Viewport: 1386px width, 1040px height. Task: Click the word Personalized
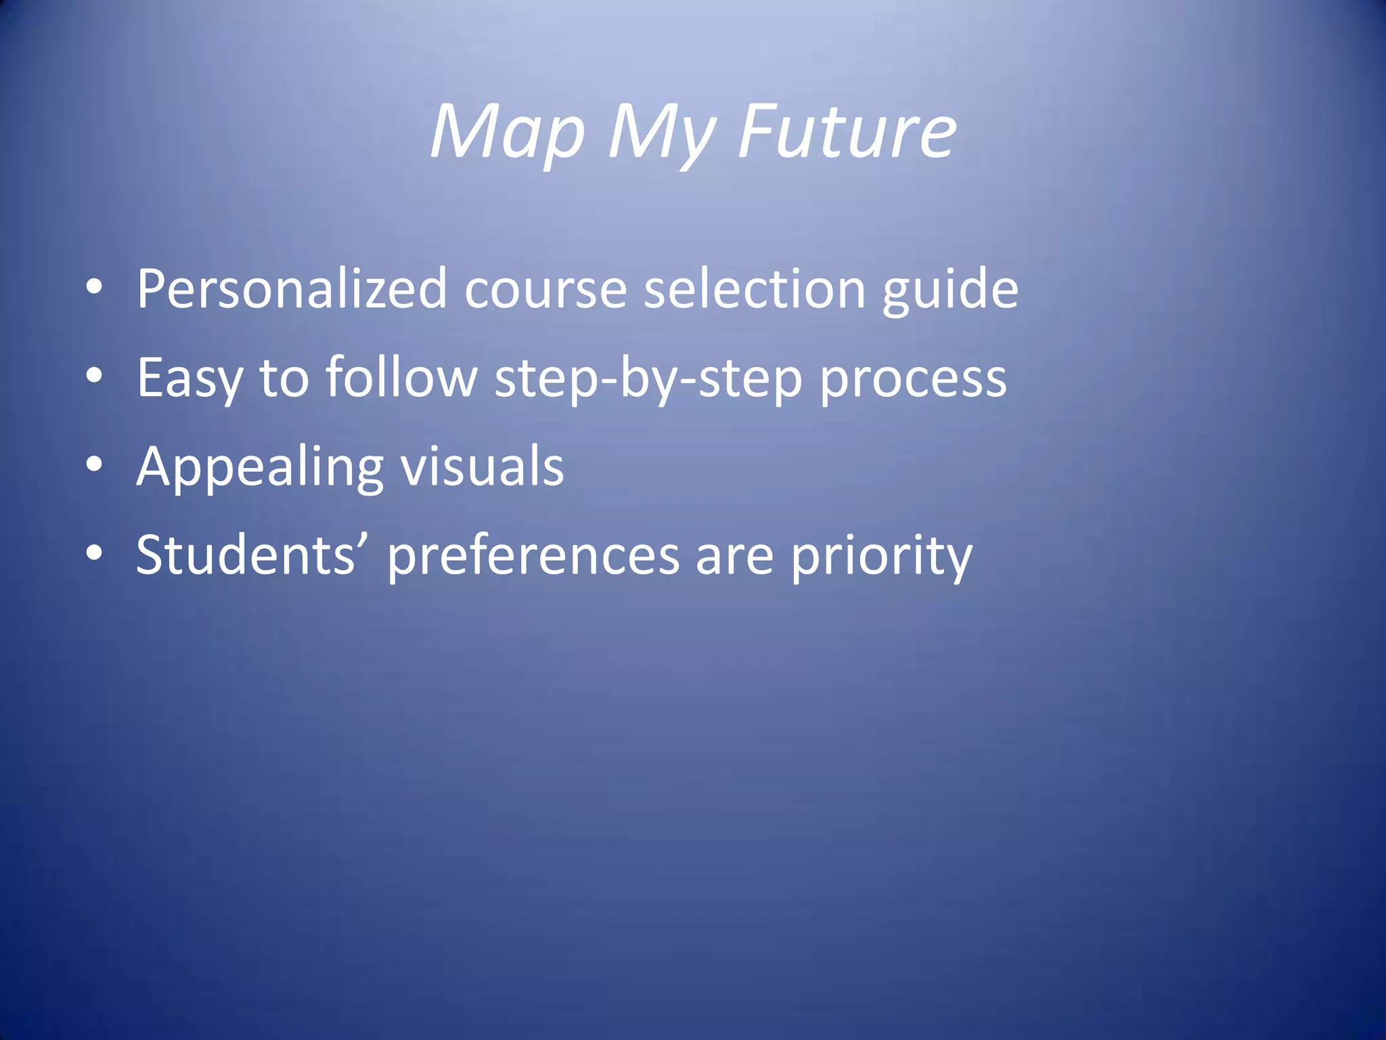coord(292,289)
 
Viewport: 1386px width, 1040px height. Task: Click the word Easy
coord(189,378)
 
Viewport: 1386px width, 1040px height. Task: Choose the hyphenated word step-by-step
coord(648,378)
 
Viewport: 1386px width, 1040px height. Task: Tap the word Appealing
coord(260,467)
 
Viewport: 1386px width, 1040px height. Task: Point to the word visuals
coord(483,466)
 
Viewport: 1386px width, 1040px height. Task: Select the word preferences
coord(533,556)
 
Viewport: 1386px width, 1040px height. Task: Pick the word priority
coord(881,556)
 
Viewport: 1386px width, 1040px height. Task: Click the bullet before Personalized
coord(95,288)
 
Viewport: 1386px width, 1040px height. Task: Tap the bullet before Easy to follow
coord(95,376)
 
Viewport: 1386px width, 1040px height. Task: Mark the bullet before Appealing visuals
coord(95,464)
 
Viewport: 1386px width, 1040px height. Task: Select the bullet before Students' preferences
coord(95,553)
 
